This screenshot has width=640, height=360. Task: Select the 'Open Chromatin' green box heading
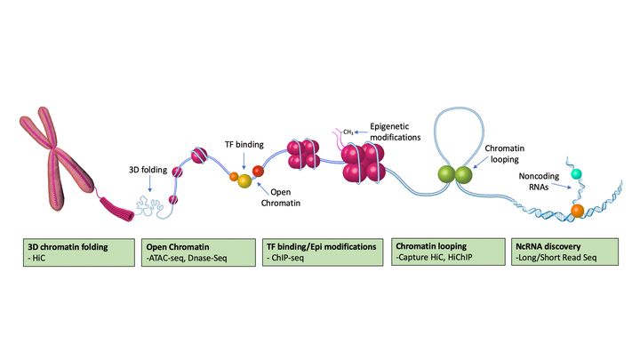tap(180, 244)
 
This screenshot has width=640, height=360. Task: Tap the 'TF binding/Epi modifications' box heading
tap(322, 244)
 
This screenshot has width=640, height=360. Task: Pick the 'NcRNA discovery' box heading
tap(544, 244)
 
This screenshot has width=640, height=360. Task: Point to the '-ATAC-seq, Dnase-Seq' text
tap(188, 258)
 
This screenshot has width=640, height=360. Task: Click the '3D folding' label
tap(146, 169)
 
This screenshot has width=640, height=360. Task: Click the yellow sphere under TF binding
tap(244, 168)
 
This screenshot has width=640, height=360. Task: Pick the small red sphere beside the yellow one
tap(259, 170)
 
